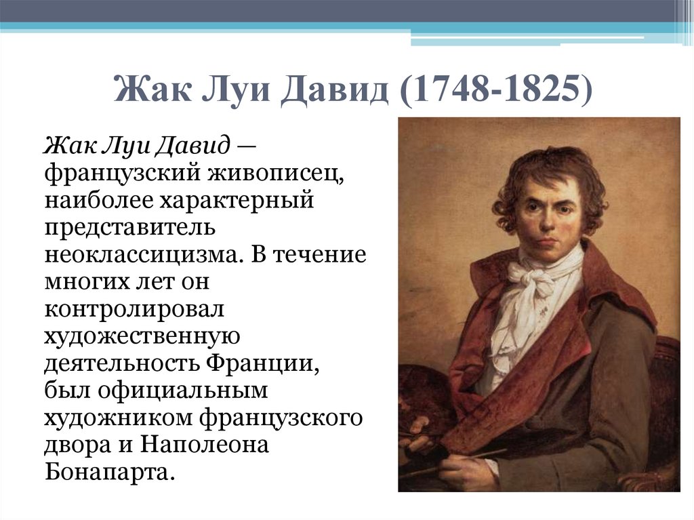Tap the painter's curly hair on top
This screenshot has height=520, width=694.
tap(549, 166)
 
